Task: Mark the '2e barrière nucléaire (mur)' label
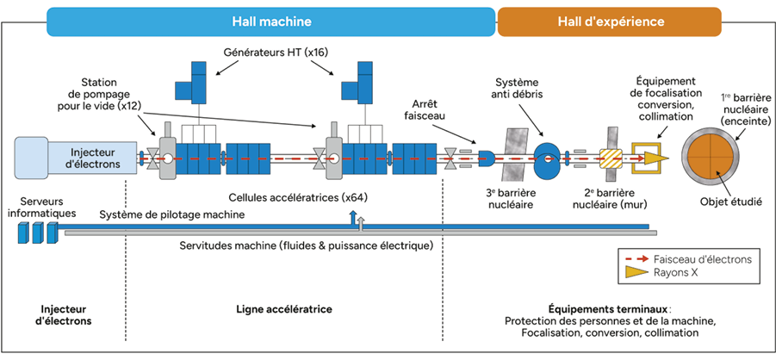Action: (x=611, y=200)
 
